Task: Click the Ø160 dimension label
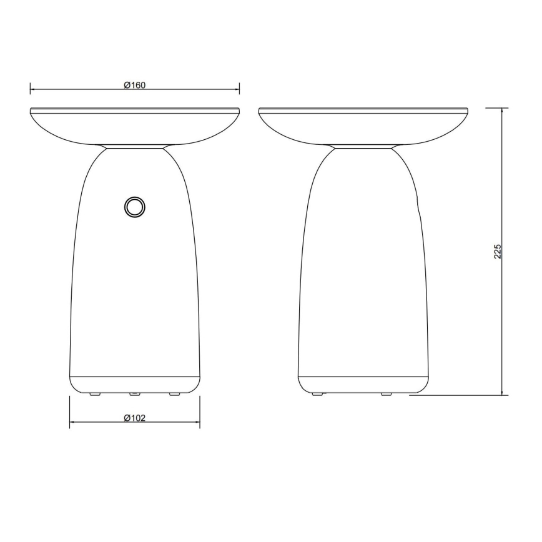click(x=134, y=86)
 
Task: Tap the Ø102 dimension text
click(x=134, y=418)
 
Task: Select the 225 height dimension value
click(x=498, y=251)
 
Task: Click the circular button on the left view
click(x=134, y=207)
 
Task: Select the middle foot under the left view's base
click(x=134, y=395)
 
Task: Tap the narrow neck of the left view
click(x=134, y=147)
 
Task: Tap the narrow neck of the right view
click(x=362, y=147)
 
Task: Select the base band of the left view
click(x=134, y=383)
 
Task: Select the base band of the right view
click(x=362, y=383)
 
